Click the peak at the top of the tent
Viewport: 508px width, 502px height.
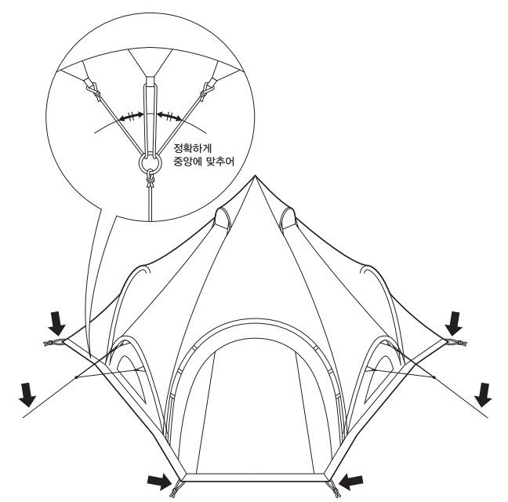pos(254,177)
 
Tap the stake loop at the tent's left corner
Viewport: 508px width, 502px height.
pos(53,343)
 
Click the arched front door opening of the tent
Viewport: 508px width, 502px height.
pos(253,408)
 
